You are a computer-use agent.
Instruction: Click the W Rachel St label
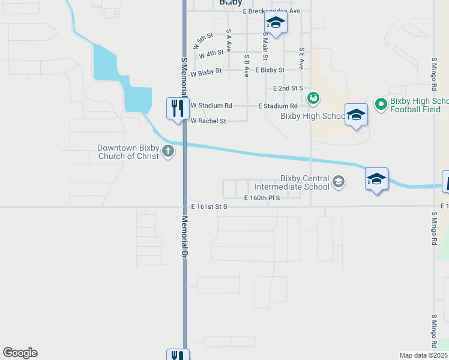[x=208, y=121]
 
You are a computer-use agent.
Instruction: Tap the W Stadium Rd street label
[x=211, y=106]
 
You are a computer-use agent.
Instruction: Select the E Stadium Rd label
[x=278, y=106]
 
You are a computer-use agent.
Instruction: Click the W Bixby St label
[x=206, y=70]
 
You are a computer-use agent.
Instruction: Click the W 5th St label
[x=203, y=41]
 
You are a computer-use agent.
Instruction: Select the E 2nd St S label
[x=288, y=88]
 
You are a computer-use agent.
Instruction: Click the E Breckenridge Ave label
[x=271, y=11]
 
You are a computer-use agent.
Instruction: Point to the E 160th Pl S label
[x=262, y=197]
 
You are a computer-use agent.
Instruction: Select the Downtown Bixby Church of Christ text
[x=128, y=152]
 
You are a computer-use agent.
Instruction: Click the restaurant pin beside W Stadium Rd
[x=177, y=109]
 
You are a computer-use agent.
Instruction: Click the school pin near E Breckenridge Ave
[x=276, y=23]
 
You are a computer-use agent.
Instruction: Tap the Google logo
[x=20, y=353]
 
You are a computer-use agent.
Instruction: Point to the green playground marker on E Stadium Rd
[x=313, y=97]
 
